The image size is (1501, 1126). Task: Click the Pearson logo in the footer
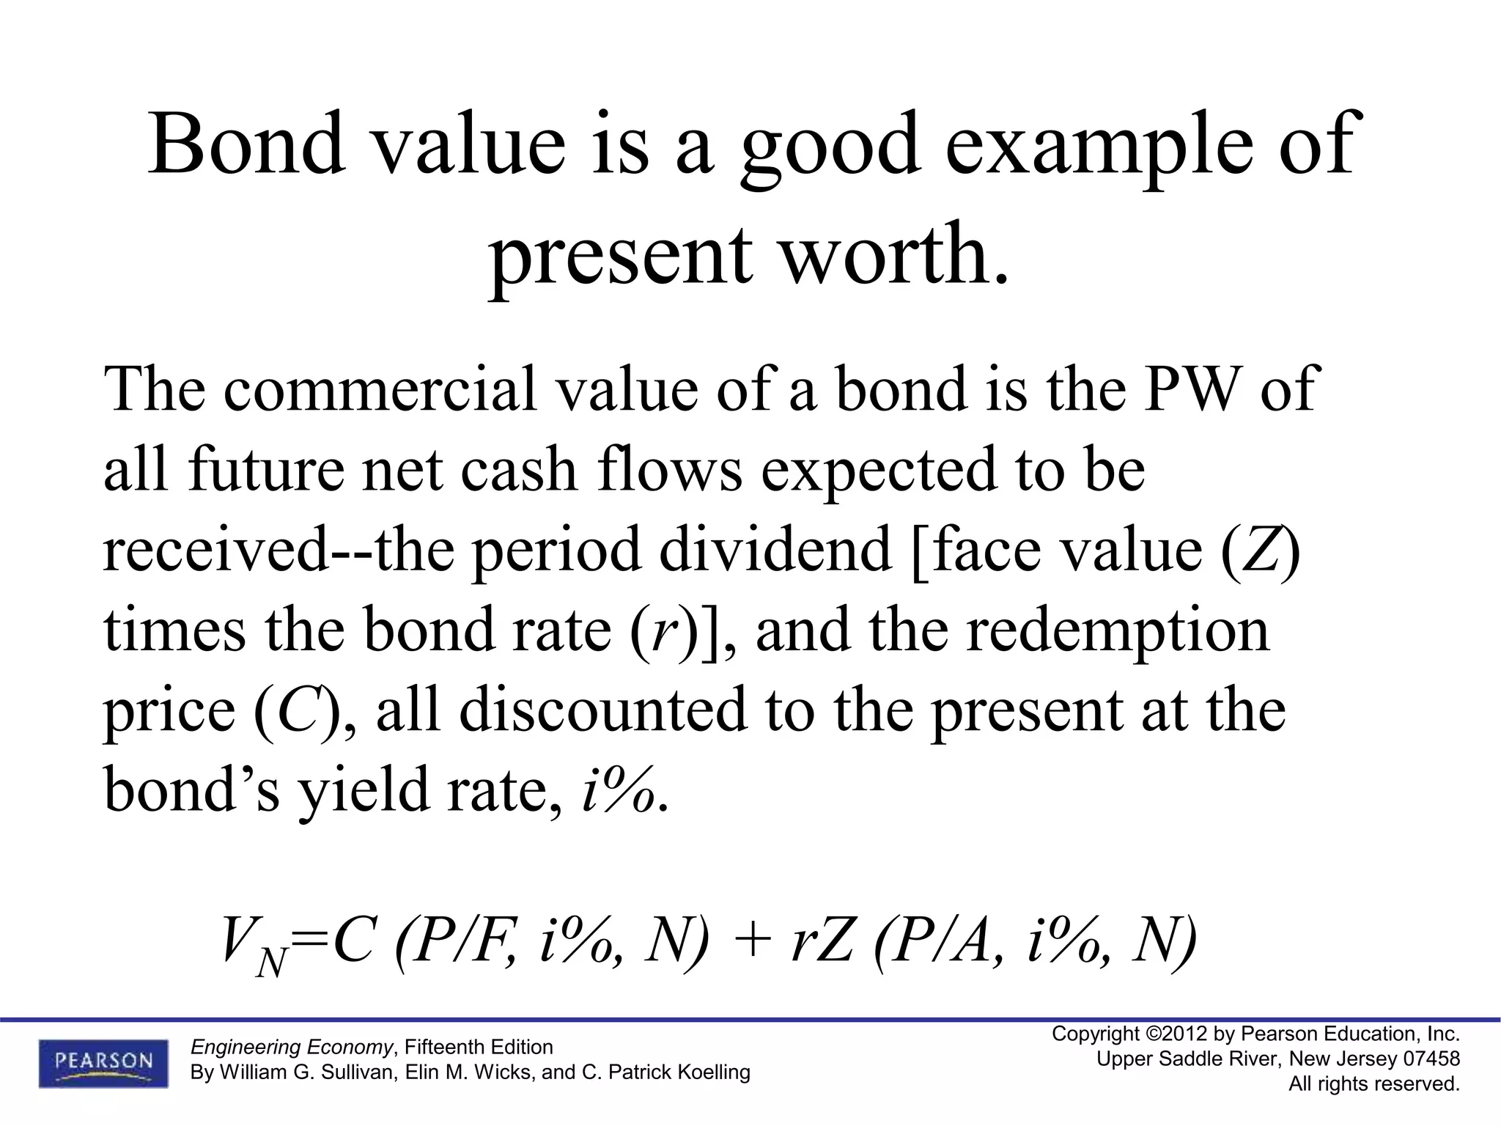click(103, 1064)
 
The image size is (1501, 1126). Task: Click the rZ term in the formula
click(822, 942)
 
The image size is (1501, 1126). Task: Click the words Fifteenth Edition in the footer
click(479, 1047)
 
